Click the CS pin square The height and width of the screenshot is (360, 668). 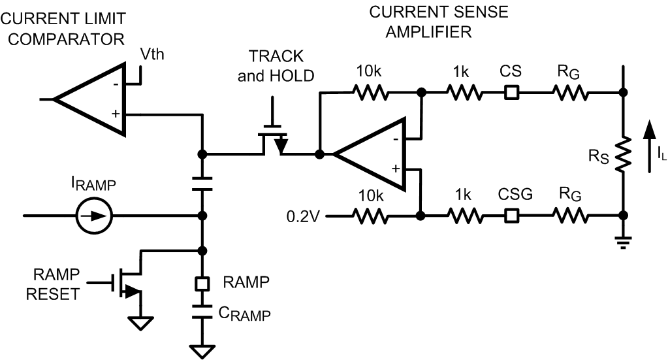point(513,93)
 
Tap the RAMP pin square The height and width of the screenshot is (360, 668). point(202,284)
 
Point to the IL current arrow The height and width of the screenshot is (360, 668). point(650,147)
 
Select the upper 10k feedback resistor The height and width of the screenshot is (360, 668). point(370,93)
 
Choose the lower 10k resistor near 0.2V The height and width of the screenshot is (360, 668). point(370,214)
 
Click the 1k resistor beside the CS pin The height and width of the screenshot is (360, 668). point(465,93)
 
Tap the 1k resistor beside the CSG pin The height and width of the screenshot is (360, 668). point(465,214)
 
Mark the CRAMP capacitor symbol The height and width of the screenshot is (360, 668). point(202,312)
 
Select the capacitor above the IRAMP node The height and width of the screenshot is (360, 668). point(202,183)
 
